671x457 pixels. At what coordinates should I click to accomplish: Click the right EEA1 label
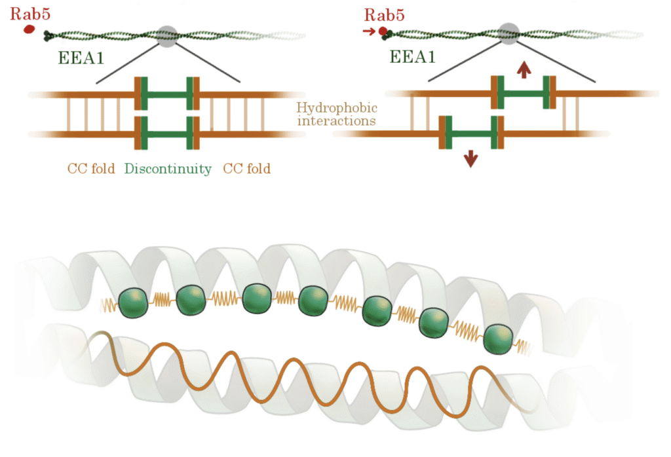click(413, 58)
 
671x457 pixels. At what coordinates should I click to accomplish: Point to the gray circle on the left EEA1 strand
click(168, 36)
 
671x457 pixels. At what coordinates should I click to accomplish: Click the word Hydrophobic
click(337, 108)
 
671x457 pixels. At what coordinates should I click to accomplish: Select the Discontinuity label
click(168, 169)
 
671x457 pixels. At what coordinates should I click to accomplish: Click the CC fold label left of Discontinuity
click(91, 169)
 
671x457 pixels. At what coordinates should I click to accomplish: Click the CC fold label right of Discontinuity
click(247, 169)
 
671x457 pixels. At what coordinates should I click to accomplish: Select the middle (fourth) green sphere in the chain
click(313, 300)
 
